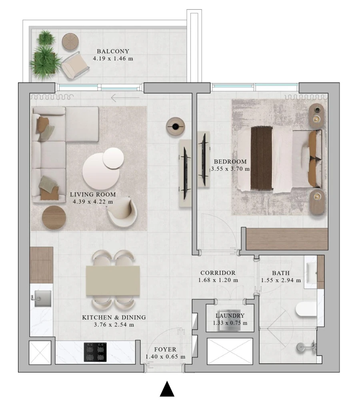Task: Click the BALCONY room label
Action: click(x=113, y=51)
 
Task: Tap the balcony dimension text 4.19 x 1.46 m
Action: click(x=113, y=58)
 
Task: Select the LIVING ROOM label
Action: click(x=93, y=195)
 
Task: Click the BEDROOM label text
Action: click(x=230, y=161)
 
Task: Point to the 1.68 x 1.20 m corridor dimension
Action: click(x=218, y=280)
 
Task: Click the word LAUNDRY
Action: click(x=230, y=316)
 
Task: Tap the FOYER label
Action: click(x=166, y=349)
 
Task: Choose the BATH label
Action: click(x=280, y=273)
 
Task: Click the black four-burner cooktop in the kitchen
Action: click(x=95, y=352)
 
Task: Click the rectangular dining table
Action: click(x=113, y=281)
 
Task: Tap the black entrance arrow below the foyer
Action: click(x=167, y=389)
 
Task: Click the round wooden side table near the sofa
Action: click(x=54, y=217)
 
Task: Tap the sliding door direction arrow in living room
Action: click(x=125, y=97)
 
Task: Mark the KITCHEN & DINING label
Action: click(x=114, y=318)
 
